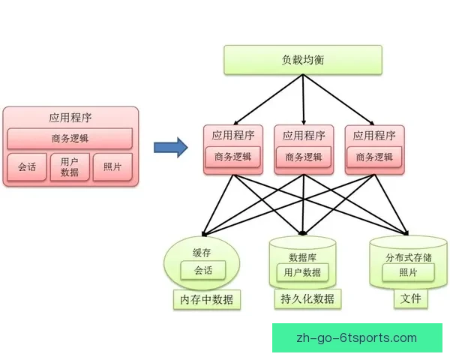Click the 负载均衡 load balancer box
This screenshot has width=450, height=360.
coord(303,60)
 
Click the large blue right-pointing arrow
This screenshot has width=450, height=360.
coord(170,146)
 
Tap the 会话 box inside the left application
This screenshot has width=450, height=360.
coord(27,167)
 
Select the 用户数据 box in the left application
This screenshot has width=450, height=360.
coord(70,167)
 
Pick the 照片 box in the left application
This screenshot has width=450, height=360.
coord(112,167)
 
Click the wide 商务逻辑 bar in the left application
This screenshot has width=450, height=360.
coord(70,138)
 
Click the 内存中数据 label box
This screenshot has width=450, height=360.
coord(206,300)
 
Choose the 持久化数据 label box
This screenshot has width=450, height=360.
coord(306,299)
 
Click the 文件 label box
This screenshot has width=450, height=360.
coord(410,298)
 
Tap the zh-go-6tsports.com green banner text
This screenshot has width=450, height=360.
coord(357,337)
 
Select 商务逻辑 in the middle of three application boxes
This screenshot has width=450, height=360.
coord(304,157)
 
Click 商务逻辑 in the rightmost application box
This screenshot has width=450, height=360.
coord(374,157)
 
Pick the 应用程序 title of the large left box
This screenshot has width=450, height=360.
coord(70,118)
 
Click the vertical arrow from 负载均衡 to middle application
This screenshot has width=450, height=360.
coord(304,97)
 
